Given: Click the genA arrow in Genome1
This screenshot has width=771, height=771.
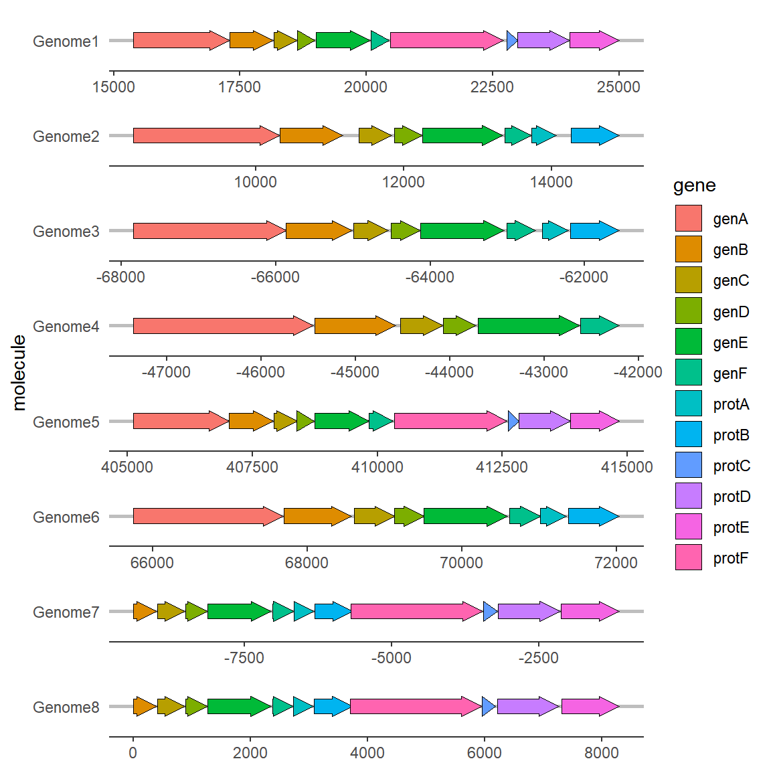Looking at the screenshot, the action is (x=181, y=40).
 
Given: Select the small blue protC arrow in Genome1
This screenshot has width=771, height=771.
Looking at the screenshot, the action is (x=512, y=40).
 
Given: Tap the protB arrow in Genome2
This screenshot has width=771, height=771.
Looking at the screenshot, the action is (x=595, y=135).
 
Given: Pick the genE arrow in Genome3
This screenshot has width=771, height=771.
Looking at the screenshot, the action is (x=462, y=231).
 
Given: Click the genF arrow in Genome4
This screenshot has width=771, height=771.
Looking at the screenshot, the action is (x=600, y=325).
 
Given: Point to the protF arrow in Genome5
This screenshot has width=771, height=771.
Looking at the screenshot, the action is (x=450, y=421).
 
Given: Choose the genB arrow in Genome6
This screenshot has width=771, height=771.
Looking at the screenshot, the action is (x=318, y=516).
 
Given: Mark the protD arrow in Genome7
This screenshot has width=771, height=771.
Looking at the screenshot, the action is (x=529, y=611).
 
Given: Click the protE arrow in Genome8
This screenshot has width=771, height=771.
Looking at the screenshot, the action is (x=590, y=707).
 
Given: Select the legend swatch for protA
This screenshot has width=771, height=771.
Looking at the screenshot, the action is (x=689, y=403).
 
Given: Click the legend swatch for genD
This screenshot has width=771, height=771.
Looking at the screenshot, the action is (x=689, y=311).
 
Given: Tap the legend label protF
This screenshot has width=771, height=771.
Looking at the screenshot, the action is (x=731, y=558).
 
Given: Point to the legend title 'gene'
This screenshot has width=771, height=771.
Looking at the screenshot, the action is (x=694, y=186).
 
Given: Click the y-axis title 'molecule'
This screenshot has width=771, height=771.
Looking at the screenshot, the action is (x=19, y=373).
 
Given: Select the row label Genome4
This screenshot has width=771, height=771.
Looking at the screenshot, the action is (x=66, y=327).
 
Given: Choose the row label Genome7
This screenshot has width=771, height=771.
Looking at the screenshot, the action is (x=66, y=612).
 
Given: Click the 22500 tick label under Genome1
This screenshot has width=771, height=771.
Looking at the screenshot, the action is (x=492, y=87).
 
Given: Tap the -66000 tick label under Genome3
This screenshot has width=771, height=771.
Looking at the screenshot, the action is (x=275, y=277).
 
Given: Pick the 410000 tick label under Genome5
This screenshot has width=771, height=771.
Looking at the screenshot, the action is (x=377, y=467).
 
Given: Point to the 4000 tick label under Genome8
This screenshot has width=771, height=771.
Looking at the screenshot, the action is (x=367, y=753).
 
